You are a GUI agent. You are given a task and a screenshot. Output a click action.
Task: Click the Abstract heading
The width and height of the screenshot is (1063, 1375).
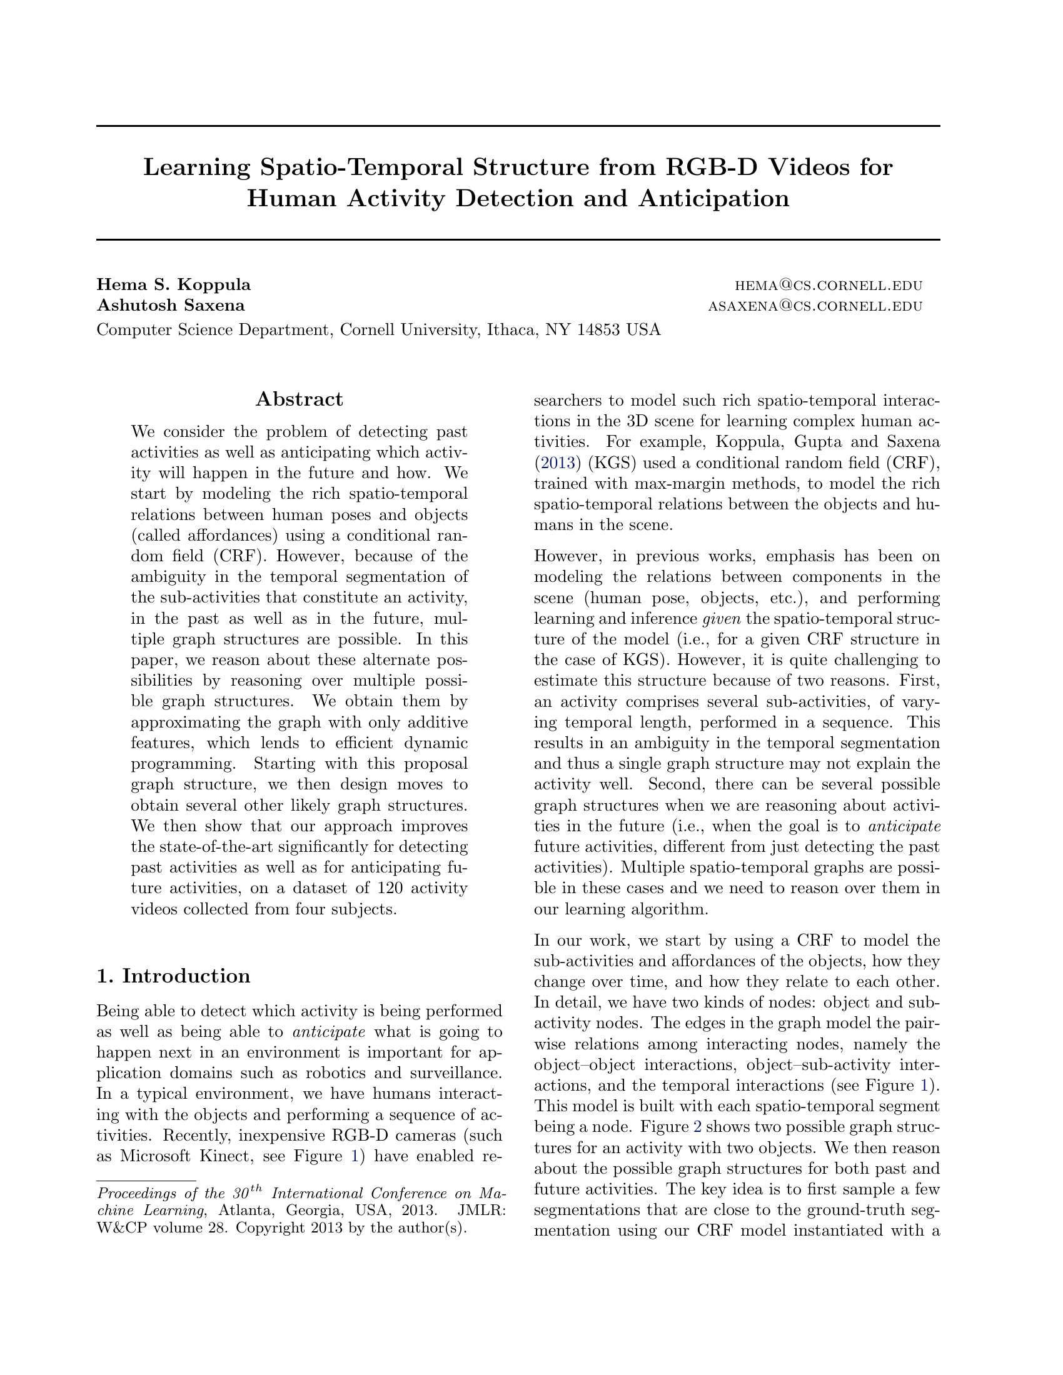coord(299,399)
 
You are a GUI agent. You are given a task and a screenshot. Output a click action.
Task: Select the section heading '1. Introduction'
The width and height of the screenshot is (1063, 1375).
coord(173,976)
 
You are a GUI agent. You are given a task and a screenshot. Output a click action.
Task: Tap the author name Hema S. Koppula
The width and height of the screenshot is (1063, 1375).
coord(173,284)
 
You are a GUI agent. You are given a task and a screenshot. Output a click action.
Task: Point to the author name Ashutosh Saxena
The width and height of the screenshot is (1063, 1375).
coord(171,306)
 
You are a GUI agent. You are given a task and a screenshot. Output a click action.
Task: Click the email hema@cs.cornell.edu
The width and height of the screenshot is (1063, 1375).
coord(828,285)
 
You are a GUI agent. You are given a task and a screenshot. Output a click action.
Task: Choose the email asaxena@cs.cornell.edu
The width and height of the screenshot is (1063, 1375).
coord(815,306)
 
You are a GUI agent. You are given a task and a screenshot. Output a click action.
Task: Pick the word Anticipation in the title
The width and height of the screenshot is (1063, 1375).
coord(714,198)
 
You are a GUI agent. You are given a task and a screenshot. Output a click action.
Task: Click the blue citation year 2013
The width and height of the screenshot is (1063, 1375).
coord(557,462)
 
